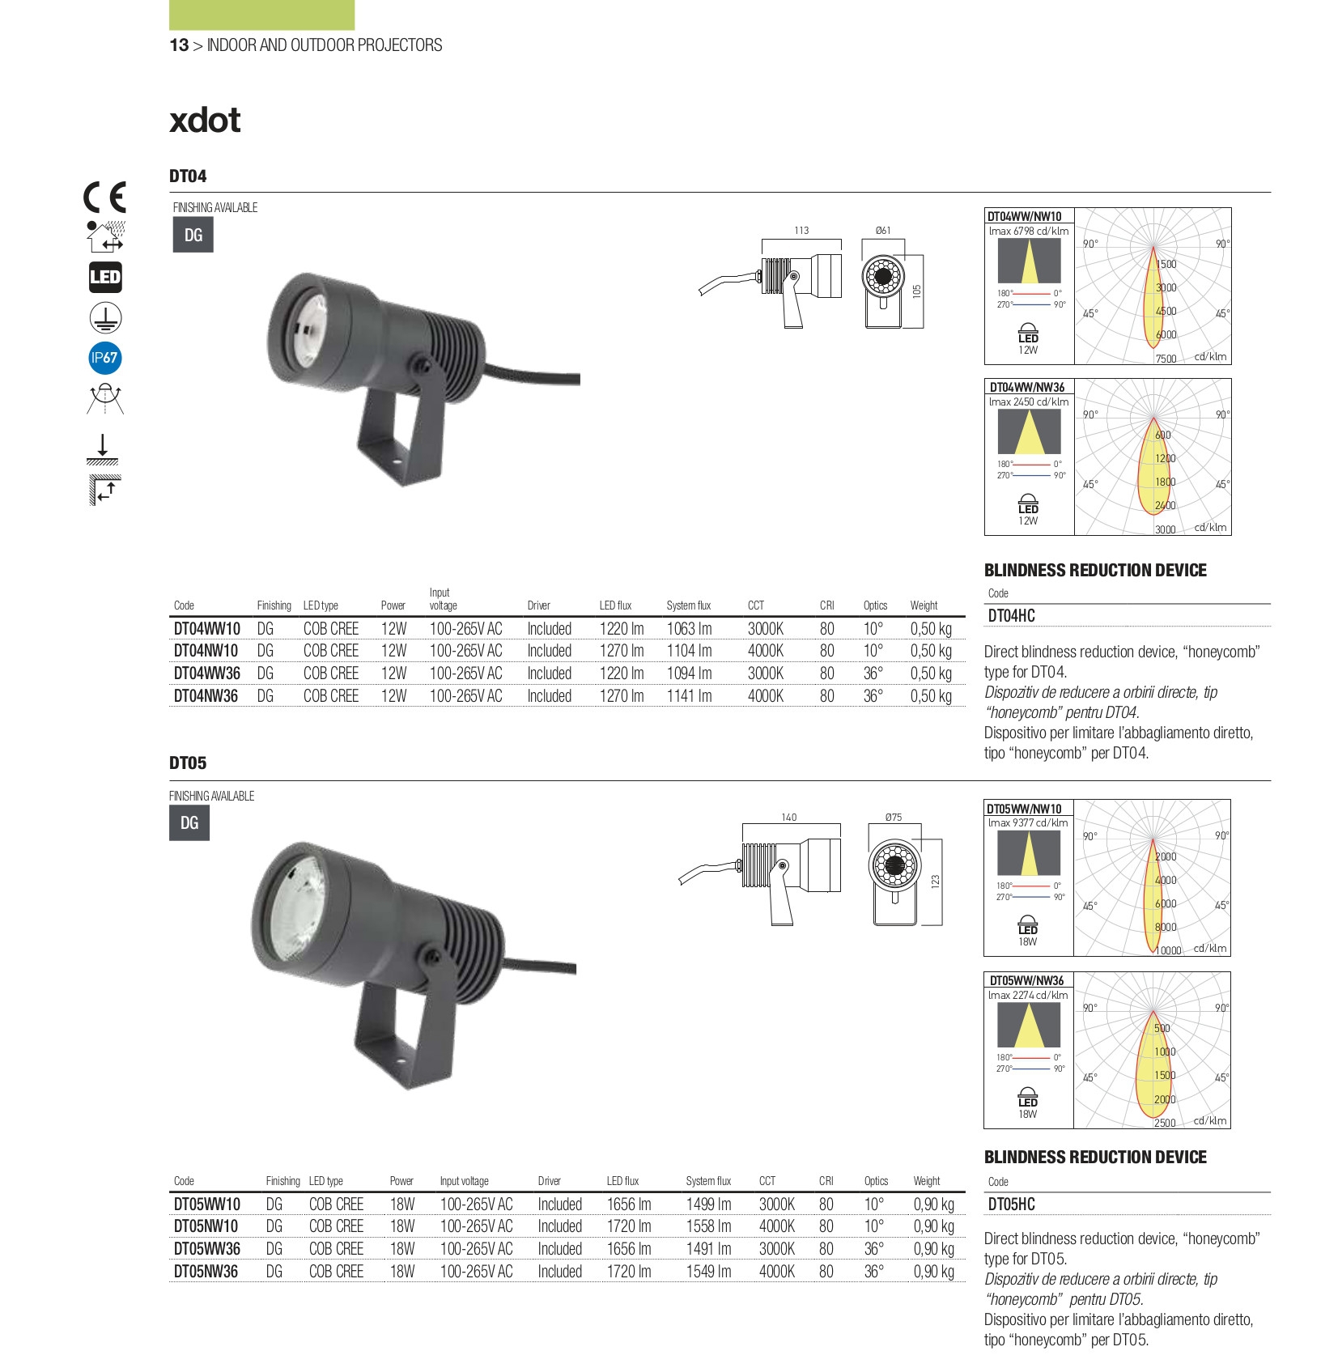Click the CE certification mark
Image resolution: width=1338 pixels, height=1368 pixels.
[x=104, y=197]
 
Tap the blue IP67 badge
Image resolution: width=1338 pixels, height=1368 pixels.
[x=104, y=358]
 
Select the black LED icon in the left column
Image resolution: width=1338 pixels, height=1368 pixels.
[x=104, y=278]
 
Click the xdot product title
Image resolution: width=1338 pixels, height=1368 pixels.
[x=205, y=121]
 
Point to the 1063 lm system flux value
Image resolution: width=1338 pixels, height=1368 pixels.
[x=689, y=629]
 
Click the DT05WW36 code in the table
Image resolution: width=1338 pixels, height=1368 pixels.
[x=206, y=1249]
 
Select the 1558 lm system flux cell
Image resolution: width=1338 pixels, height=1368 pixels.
[x=708, y=1226]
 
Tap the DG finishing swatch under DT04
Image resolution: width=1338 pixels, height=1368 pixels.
[x=193, y=236]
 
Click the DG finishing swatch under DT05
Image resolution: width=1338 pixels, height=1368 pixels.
[x=189, y=823]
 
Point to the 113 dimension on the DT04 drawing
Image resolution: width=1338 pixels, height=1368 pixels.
[x=801, y=231]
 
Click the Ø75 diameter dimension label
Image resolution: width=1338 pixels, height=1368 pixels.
[x=894, y=818]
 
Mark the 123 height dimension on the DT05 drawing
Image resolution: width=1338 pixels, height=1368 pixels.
[x=936, y=880]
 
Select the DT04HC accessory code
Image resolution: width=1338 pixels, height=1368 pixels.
[x=1011, y=616]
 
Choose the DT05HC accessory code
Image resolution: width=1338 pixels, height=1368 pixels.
[x=1011, y=1204]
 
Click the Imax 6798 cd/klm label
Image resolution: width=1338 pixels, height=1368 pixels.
[x=1028, y=232]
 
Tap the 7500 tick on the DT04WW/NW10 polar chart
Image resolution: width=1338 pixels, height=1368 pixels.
[x=1166, y=359]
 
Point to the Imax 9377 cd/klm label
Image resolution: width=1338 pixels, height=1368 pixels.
[x=1027, y=823]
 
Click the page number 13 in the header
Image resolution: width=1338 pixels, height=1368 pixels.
[x=178, y=45]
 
